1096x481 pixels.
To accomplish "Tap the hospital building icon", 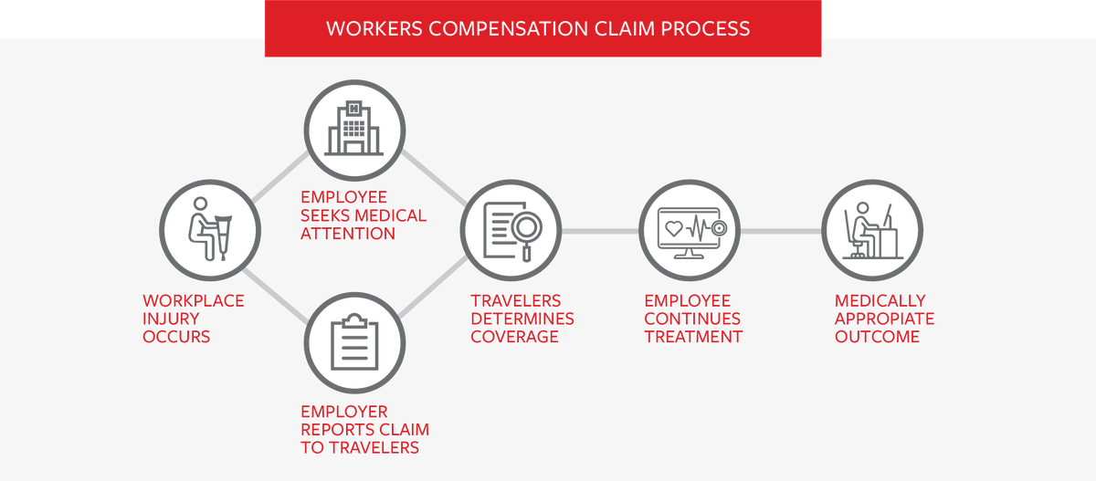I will click(353, 127).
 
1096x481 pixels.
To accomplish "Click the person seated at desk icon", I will click(871, 230).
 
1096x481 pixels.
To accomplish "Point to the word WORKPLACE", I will click(194, 300).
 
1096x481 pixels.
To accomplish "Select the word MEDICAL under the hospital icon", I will click(390, 215).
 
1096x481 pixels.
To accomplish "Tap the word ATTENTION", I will click(348, 234).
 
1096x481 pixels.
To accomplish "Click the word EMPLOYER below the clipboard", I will click(344, 412).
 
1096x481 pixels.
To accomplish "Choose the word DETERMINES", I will click(522, 319).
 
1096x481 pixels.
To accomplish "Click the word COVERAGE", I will click(514, 337).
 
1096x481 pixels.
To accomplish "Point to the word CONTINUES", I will click(692, 319).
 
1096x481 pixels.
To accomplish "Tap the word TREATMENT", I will click(693, 337).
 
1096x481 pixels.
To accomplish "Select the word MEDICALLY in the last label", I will click(880, 300).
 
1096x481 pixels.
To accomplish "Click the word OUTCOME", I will click(877, 337).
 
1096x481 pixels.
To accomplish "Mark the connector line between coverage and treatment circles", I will click(599, 231).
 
